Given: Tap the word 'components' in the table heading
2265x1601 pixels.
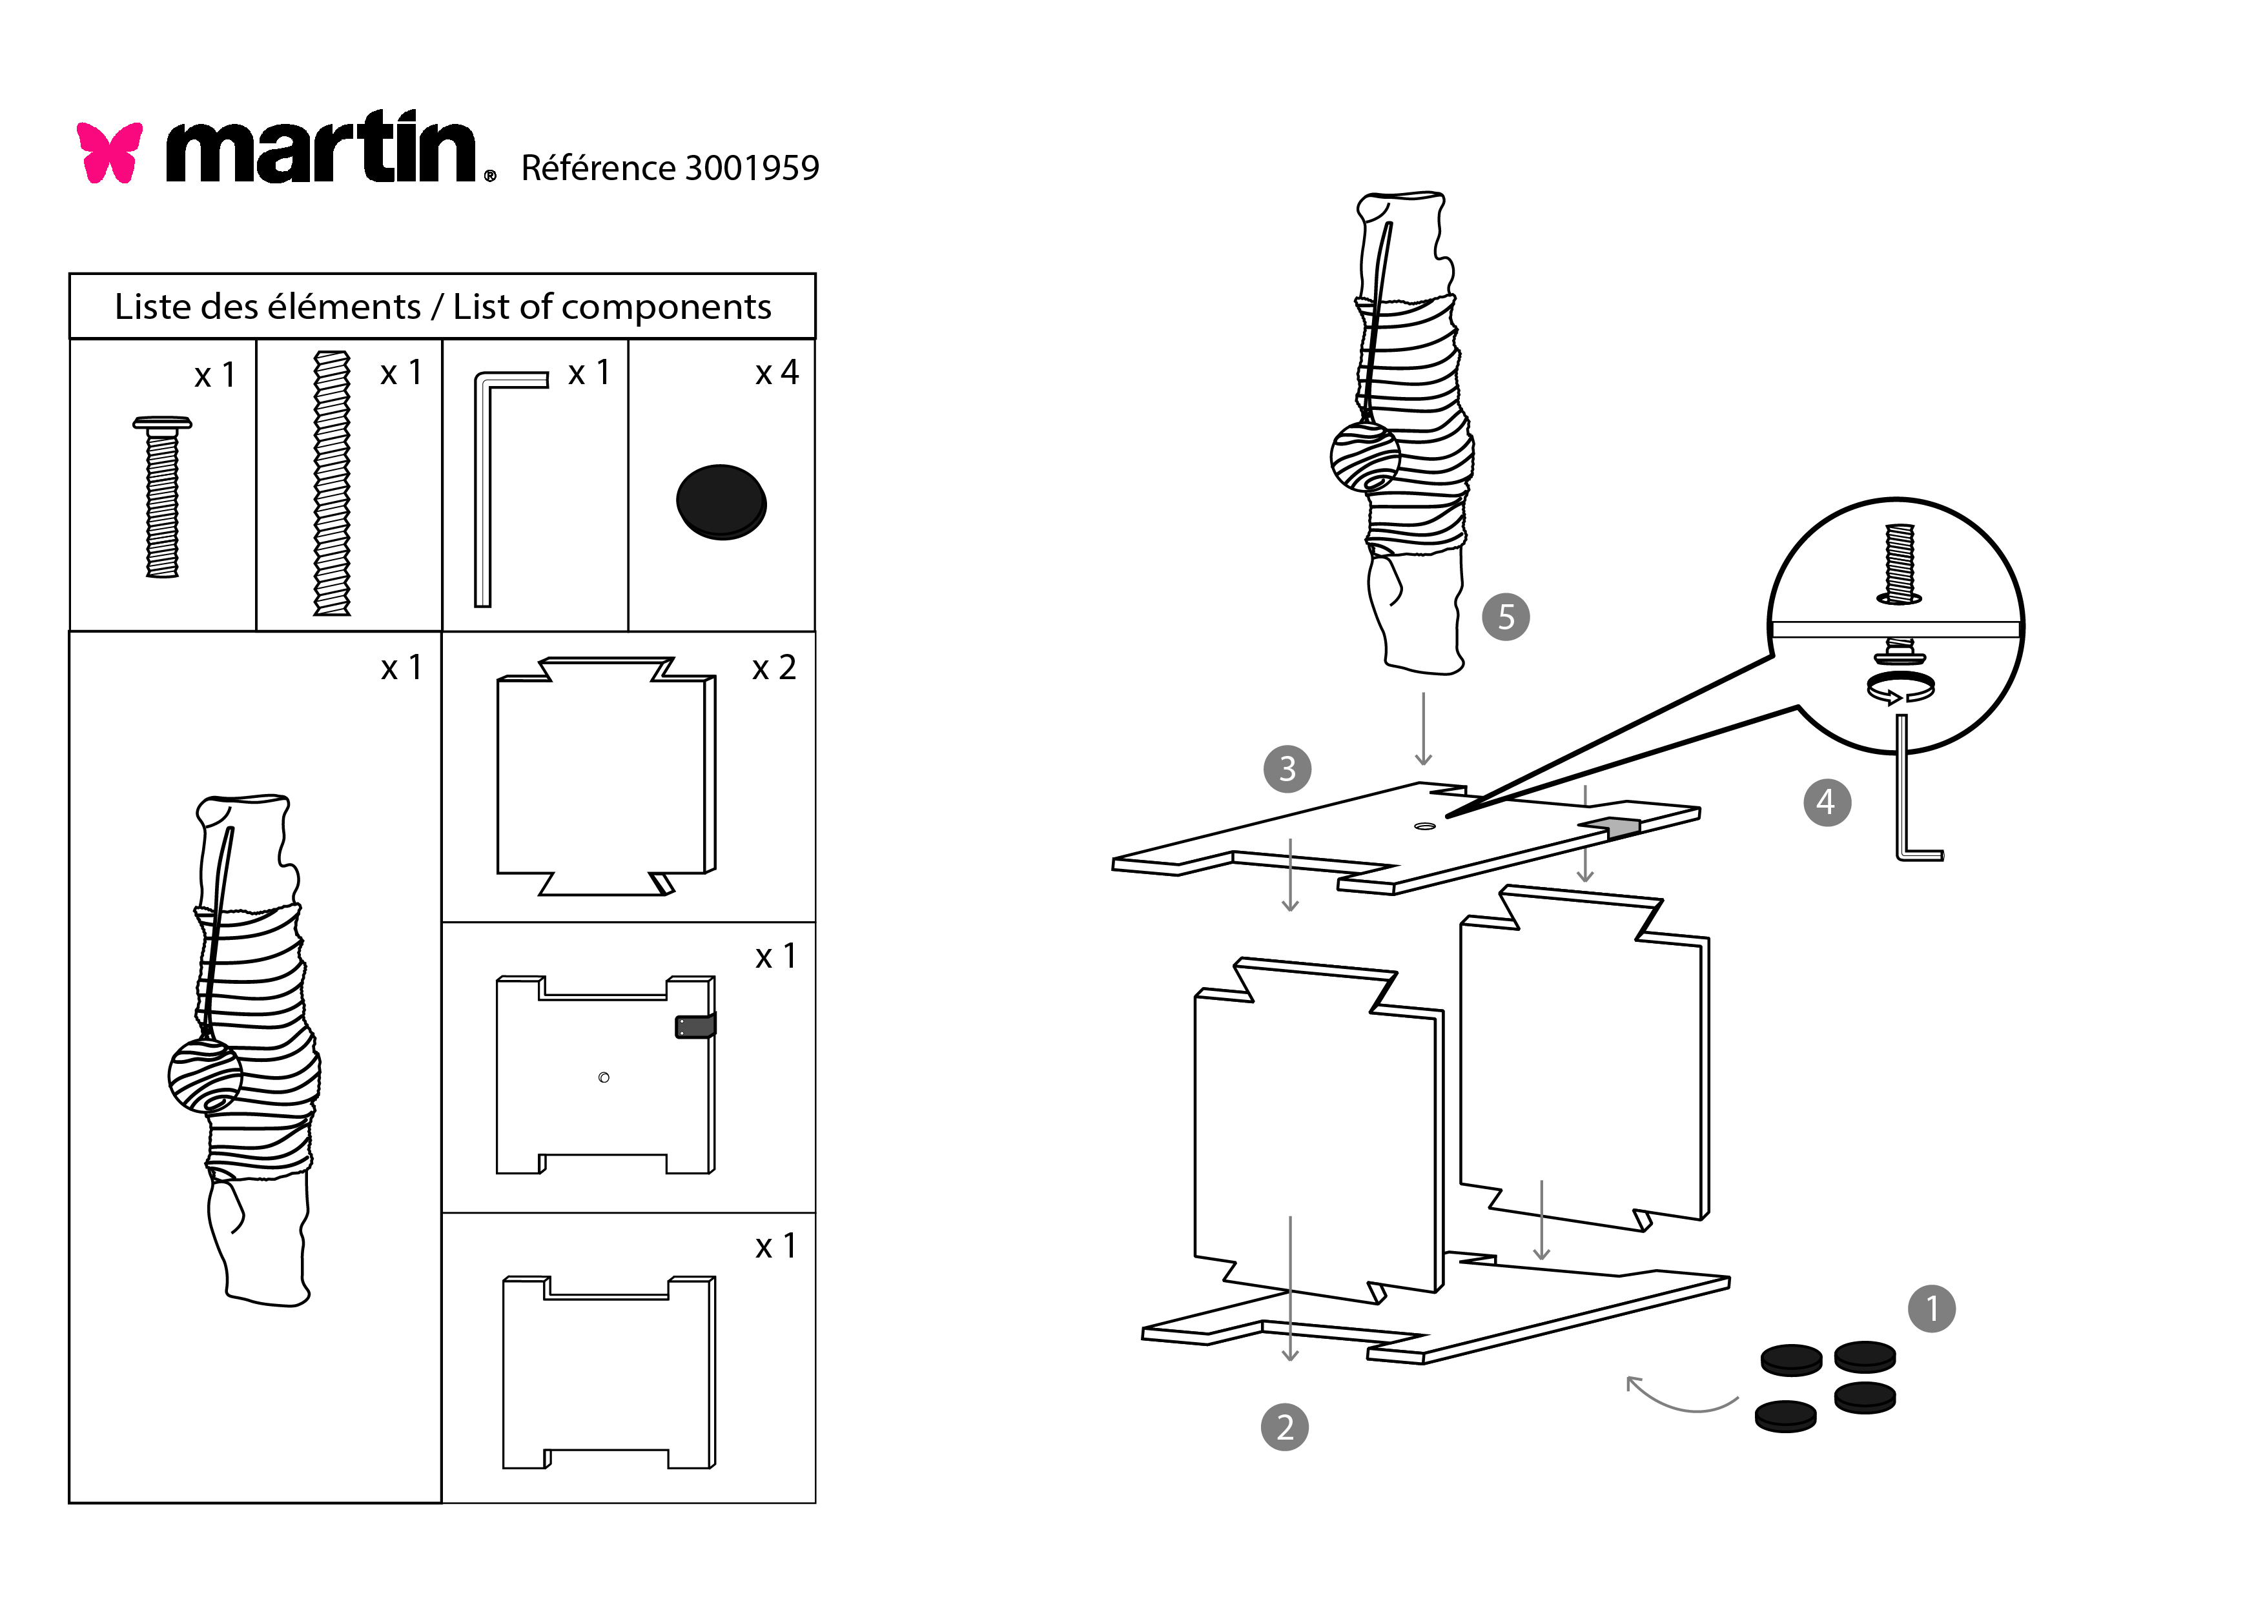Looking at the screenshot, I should click(x=666, y=307).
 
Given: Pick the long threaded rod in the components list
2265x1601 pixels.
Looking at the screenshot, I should click(x=331, y=484).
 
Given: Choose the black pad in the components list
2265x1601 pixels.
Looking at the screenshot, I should click(x=721, y=501).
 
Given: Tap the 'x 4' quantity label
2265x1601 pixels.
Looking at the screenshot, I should click(x=776, y=373).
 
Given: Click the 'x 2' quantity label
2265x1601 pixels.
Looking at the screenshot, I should click(x=774, y=668).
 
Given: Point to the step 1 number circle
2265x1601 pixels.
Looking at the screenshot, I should click(x=1932, y=1309).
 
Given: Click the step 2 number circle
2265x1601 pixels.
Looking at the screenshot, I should click(x=1284, y=1427).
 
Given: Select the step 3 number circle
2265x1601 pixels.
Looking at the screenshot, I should click(x=1287, y=768).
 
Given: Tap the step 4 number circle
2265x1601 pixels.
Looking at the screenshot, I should click(x=1826, y=802).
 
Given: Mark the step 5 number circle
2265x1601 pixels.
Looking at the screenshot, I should click(x=1506, y=617).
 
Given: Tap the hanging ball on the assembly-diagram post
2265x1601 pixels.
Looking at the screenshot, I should click(x=1366, y=456).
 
